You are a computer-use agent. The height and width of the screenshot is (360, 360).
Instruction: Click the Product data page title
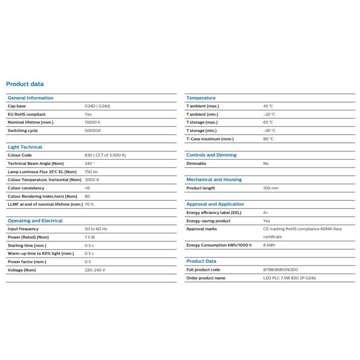click(25, 84)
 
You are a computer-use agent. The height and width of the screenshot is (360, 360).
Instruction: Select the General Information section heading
click(30, 98)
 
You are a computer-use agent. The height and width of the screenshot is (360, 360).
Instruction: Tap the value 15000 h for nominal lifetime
click(93, 122)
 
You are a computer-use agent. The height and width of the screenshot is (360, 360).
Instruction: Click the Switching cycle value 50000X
click(93, 131)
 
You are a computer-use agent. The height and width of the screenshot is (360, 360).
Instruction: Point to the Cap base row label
click(17, 106)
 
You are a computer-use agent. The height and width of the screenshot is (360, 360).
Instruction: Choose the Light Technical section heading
click(25, 147)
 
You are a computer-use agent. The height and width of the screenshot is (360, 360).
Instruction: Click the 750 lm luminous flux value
click(91, 172)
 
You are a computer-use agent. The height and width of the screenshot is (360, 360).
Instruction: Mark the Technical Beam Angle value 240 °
click(90, 164)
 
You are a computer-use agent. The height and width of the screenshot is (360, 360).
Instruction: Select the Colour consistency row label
click(26, 188)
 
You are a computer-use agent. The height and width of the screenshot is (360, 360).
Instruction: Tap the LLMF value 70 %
click(90, 204)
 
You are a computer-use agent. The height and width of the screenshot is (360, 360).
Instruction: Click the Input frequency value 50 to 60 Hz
click(96, 229)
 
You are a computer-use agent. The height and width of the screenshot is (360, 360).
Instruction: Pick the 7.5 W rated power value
click(90, 237)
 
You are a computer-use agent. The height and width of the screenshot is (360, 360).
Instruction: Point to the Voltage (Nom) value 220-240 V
click(95, 270)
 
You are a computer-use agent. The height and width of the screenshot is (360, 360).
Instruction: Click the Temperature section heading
click(201, 98)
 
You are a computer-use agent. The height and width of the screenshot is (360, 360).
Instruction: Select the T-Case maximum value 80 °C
click(269, 139)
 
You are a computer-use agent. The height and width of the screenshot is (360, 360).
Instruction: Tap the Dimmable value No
click(266, 164)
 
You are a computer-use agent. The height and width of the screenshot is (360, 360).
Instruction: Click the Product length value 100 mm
click(271, 188)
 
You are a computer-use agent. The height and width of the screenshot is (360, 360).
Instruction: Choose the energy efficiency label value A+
click(266, 213)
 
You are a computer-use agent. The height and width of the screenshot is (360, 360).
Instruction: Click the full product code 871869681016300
click(281, 270)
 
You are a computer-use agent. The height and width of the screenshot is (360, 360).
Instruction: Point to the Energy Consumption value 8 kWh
click(269, 245)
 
